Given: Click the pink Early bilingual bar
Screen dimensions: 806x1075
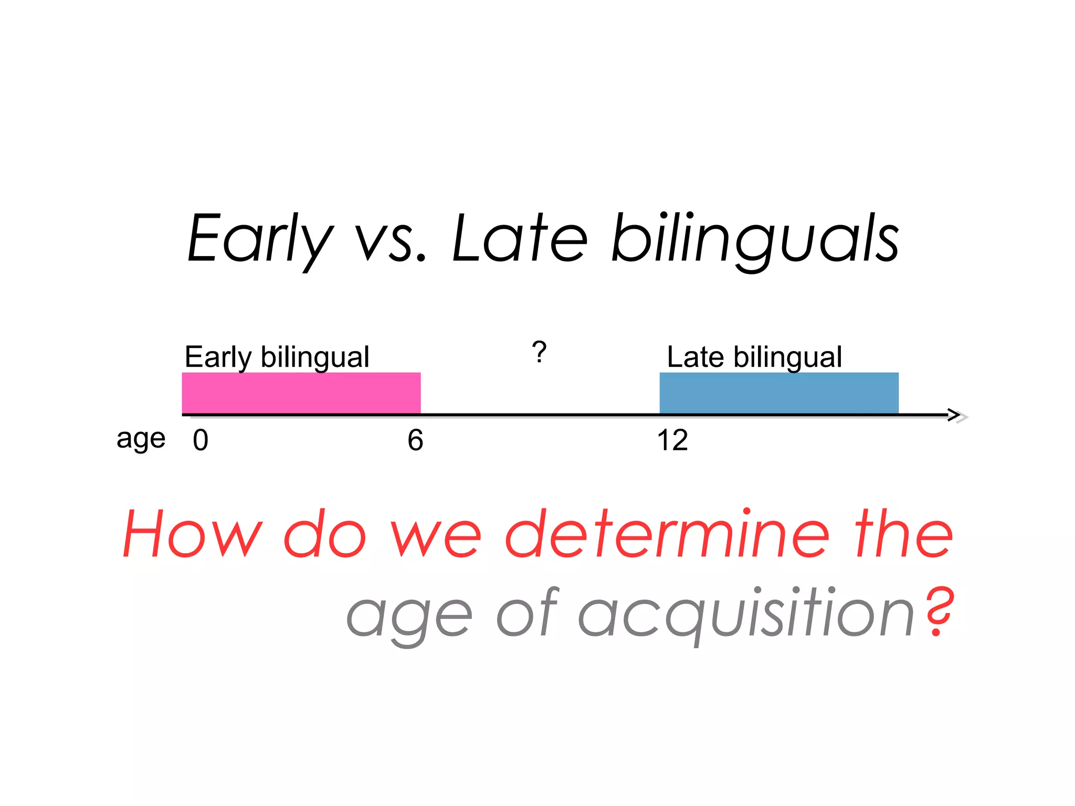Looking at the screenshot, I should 301,393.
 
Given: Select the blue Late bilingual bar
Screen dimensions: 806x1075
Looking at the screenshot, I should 778,393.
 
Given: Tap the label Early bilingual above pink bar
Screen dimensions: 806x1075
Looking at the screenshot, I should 277,357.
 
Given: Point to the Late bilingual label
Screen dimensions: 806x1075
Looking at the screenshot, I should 754,357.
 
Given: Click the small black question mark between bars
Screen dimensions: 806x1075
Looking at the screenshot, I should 539,352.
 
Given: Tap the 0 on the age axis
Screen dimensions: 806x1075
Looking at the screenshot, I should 201,440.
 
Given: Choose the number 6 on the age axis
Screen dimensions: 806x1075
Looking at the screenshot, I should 415,440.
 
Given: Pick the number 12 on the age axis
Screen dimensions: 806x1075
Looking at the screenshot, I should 672,440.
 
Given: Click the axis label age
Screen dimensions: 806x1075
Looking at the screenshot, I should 141,439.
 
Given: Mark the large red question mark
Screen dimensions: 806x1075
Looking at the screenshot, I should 939,611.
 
